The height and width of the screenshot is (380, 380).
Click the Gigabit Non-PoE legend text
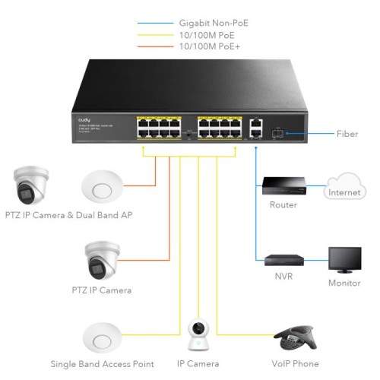[x=214, y=24]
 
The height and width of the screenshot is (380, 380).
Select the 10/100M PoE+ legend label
[x=207, y=46]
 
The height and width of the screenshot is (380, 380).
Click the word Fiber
[x=347, y=134]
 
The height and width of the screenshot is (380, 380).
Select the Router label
[x=283, y=205]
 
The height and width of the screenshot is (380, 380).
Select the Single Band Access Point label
[x=103, y=364]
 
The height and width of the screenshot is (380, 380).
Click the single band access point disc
[x=102, y=337]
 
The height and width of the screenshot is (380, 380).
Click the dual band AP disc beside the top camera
[x=102, y=183]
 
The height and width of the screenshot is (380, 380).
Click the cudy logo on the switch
[x=84, y=119]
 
